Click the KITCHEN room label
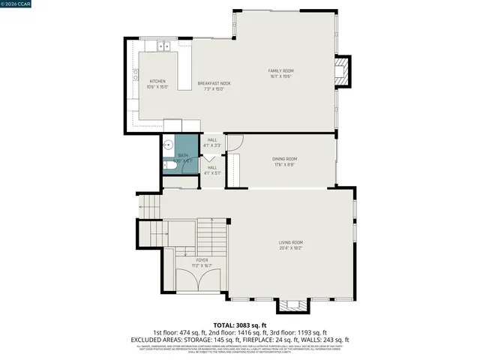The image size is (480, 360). click(157, 81)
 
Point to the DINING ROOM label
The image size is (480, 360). click(284, 159)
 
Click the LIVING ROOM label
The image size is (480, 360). click(290, 242)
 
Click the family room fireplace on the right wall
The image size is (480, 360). click(342, 72)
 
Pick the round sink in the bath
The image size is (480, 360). click(169, 144)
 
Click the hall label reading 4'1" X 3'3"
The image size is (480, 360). click(212, 142)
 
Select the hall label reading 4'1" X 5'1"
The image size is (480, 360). click(212, 170)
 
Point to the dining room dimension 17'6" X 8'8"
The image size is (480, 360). click(284, 165)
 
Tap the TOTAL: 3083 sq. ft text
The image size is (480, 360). click(240, 324)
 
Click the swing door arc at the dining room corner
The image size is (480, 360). click(234, 141)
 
